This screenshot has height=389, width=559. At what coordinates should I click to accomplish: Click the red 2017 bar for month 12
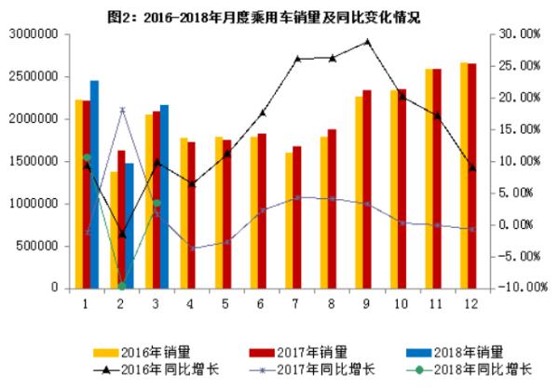pos(472,176)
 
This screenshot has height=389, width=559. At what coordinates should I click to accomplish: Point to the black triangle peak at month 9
pos(367,41)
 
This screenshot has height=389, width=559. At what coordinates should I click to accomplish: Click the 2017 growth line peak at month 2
pos(121,110)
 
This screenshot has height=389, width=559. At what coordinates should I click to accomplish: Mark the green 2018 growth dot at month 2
pos(121,286)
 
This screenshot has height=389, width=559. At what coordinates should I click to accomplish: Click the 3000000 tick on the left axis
pos(34,34)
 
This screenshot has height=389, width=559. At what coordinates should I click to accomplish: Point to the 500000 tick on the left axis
pos(38,247)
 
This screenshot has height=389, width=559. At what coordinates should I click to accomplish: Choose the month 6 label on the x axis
pos(260,303)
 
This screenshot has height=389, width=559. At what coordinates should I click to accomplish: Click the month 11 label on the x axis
pos(436,303)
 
